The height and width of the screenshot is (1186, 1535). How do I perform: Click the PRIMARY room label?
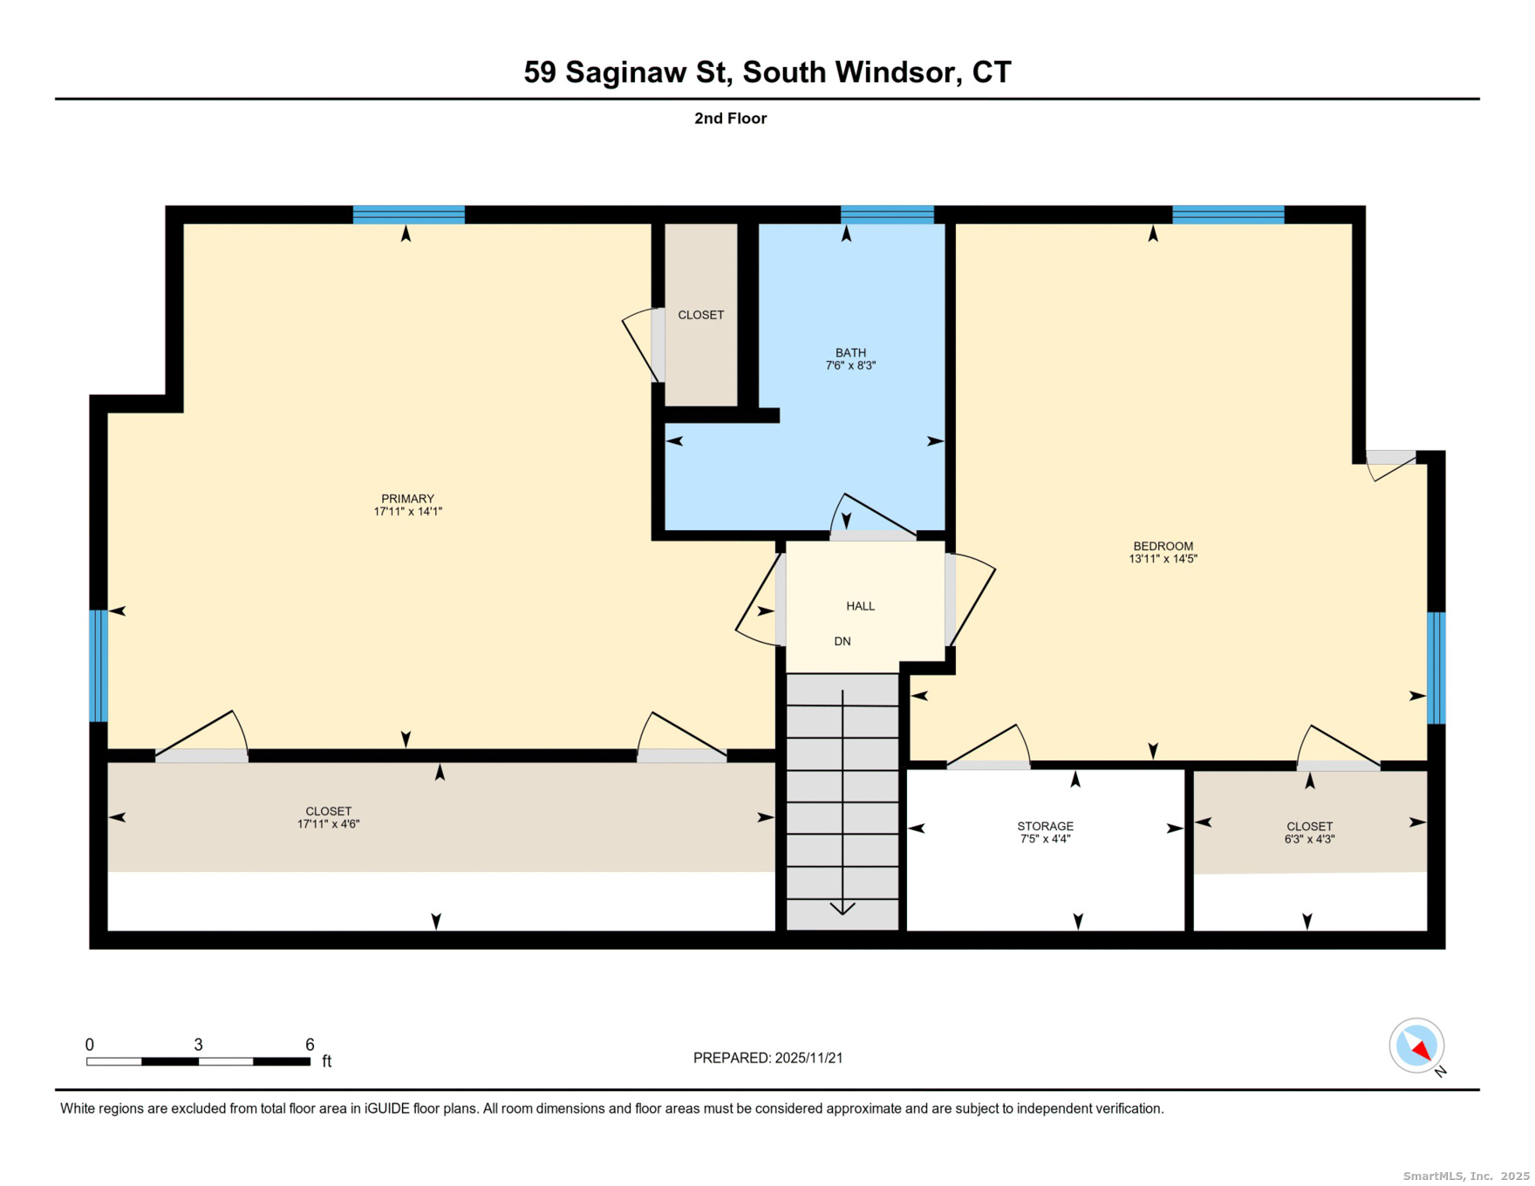tap(407, 505)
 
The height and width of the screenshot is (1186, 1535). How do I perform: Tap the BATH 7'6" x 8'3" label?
tap(850, 358)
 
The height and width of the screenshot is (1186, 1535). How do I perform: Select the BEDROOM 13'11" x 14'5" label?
tap(1163, 552)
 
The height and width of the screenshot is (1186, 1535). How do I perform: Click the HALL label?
tap(860, 606)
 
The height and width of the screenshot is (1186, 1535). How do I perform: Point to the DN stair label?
tap(842, 641)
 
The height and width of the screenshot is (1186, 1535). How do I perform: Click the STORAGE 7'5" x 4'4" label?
tap(1045, 832)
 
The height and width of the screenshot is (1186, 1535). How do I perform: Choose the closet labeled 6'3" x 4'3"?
tap(1309, 832)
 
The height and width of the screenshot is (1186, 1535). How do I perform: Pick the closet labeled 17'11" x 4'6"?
tap(328, 817)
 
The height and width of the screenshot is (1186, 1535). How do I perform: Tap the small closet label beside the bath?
tap(700, 315)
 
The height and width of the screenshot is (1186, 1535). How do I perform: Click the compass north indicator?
tap(1416, 1046)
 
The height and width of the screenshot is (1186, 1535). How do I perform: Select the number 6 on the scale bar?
tap(310, 1045)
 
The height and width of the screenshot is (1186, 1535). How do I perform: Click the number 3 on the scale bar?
tap(198, 1045)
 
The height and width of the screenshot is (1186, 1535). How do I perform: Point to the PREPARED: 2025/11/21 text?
tap(767, 1058)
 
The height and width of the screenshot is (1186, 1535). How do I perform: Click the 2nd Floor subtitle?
tap(730, 119)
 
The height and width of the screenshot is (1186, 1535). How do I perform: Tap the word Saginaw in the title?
tap(625, 72)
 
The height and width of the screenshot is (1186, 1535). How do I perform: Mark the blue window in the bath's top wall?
tap(887, 215)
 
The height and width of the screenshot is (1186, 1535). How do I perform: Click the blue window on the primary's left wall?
tap(99, 666)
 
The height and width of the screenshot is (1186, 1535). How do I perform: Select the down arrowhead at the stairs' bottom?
tap(843, 909)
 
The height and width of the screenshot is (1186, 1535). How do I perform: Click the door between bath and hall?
tap(872, 535)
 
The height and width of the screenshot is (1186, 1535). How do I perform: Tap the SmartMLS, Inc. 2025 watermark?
tap(1465, 1176)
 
